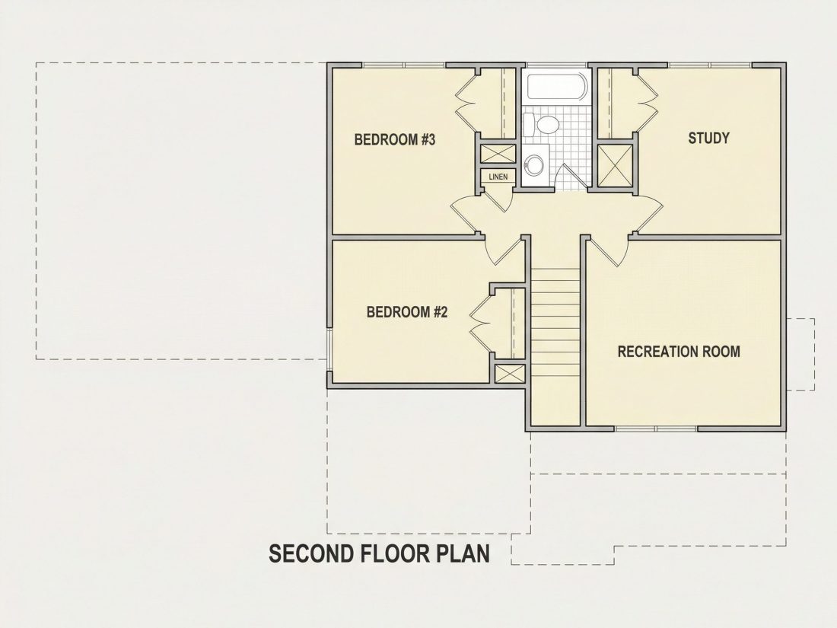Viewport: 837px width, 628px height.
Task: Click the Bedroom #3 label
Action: coord(395,140)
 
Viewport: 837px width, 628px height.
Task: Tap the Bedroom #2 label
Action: coord(407,312)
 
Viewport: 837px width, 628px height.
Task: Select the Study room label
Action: coord(708,139)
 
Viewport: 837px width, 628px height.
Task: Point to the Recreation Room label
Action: coord(679,352)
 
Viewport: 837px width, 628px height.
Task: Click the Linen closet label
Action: coord(498,177)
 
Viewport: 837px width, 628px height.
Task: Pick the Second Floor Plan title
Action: coord(379,553)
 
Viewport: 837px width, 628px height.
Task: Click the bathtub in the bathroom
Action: coord(557,87)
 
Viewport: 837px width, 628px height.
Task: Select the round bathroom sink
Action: coord(533,165)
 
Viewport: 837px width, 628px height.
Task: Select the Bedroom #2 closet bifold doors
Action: coord(480,323)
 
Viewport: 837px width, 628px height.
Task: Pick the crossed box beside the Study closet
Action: coord(614,165)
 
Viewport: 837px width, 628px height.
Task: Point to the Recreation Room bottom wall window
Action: coord(655,429)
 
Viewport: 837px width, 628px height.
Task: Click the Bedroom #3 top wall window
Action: coord(404,65)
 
